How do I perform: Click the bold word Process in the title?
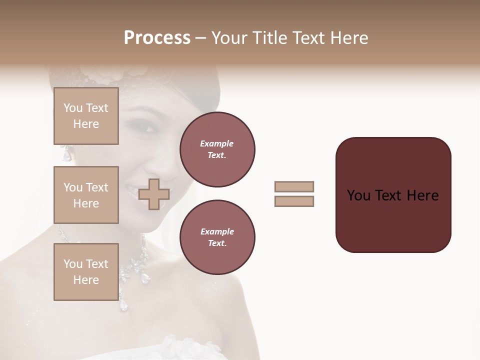click(x=157, y=38)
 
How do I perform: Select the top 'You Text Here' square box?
click(x=86, y=116)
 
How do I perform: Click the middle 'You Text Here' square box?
click(x=86, y=195)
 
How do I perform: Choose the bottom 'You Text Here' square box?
click(x=86, y=272)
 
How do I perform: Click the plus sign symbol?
click(x=154, y=194)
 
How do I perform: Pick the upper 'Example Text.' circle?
click(x=217, y=149)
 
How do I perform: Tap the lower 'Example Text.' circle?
click(x=217, y=237)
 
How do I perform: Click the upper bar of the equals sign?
click(x=294, y=186)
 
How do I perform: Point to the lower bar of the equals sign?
click(x=294, y=201)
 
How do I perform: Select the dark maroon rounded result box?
click(x=393, y=195)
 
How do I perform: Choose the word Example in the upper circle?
click(x=216, y=143)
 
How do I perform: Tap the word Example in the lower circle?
click(x=217, y=231)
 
